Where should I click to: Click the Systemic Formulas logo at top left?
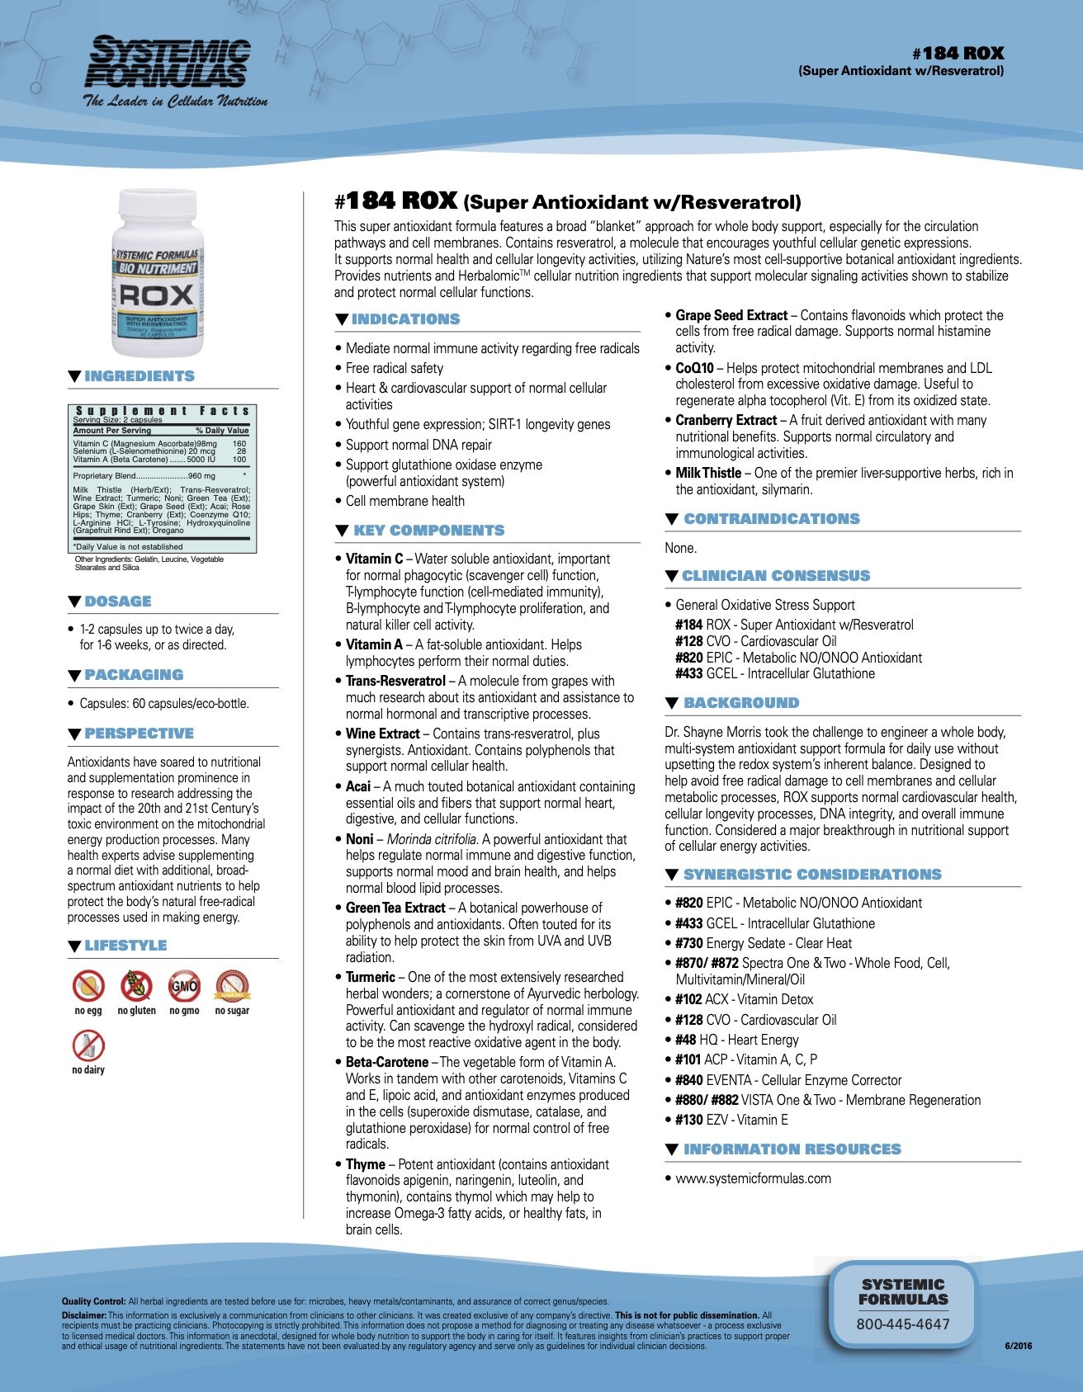[169, 71]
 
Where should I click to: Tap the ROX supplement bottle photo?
[157, 272]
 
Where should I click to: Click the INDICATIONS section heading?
[405, 319]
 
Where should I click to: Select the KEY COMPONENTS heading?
[428, 531]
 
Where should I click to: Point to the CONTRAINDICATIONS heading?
[771, 519]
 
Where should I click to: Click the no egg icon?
[88, 985]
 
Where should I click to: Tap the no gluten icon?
[136, 985]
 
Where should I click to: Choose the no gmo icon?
[184, 985]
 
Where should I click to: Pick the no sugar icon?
[232, 985]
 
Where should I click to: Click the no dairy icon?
[88, 1045]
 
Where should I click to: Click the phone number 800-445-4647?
[903, 1324]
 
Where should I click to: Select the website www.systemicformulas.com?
[753, 1178]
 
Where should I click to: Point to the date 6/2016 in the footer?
[1018, 1346]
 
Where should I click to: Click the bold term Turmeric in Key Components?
[370, 977]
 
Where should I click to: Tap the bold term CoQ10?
[694, 368]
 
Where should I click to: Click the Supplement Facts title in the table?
[162, 410]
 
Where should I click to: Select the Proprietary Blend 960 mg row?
[144, 475]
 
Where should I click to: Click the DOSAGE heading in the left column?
[117, 602]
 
